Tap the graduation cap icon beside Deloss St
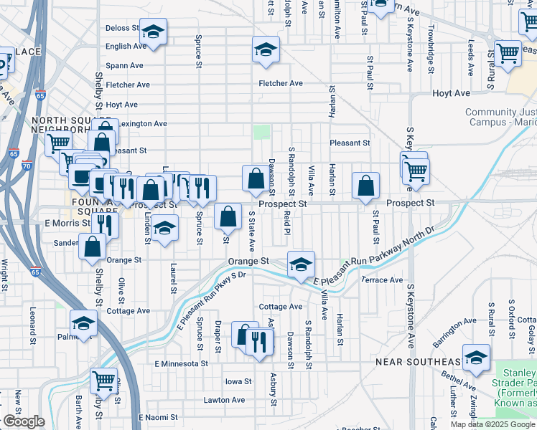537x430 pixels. coord(152,31)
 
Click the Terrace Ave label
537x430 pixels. coord(382,280)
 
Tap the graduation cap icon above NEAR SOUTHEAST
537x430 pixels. coord(476,357)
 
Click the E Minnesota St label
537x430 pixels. coord(181,364)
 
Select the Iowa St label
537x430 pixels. coord(238,382)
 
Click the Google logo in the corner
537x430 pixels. coord(24,421)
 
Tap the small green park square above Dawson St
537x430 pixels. coord(262,132)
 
